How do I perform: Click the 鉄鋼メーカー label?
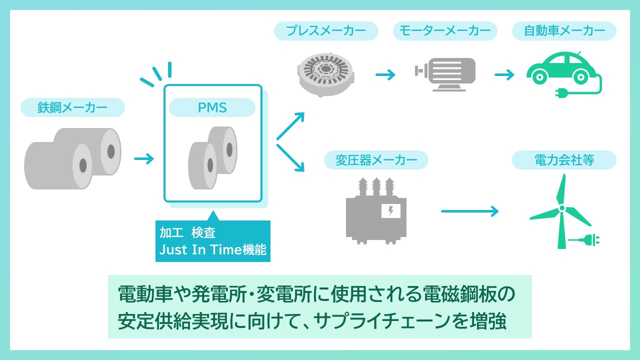click(72, 107)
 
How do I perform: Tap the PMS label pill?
click(212, 107)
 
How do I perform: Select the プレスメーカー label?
click(326, 31)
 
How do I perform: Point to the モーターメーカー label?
click(445, 31)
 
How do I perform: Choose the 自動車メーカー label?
click(564, 31)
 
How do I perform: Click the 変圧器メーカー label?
click(376, 160)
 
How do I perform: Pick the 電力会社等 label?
click(564, 160)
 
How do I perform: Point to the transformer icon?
click(376, 211)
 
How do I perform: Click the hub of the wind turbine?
click(561, 207)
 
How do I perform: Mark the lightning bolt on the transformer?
click(391, 211)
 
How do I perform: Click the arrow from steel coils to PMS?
click(144, 159)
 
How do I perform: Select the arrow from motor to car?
click(504, 75)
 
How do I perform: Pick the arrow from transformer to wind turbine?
click(470, 211)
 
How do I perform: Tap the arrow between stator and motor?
click(385, 75)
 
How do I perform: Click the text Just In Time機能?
click(213, 249)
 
